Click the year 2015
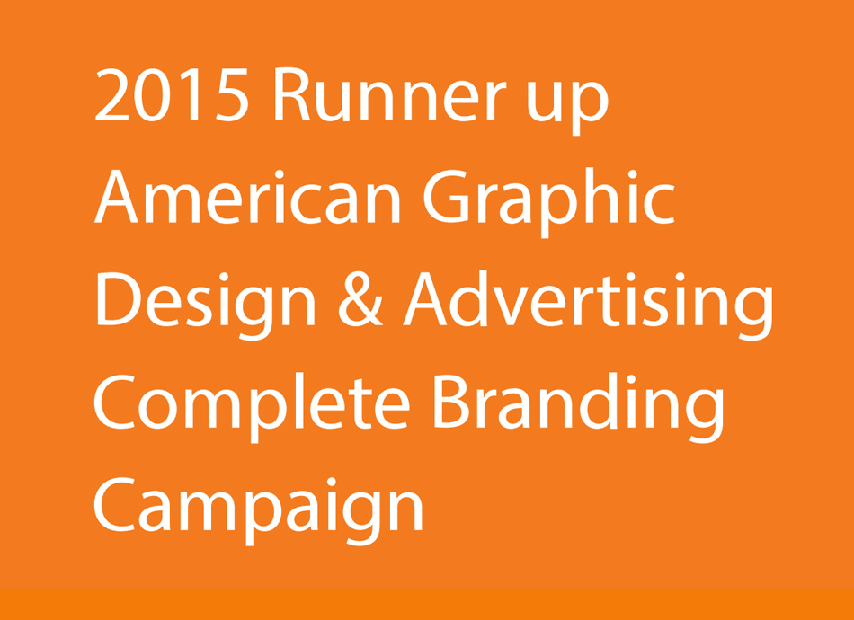[x=172, y=94]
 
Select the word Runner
[x=389, y=94]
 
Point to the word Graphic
[x=549, y=203]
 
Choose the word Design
[x=206, y=306]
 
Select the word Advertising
[x=588, y=306]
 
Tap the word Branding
[x=578, y=408]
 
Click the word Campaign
[x=258, y=510]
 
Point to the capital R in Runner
[x=292, y=94]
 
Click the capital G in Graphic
[x=446, y=197]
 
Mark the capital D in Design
[x=120, y=298]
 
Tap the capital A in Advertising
[x=425, y=298]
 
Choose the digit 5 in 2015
[x=233, y=94]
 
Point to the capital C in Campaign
[x=114, y=504]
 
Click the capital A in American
[x=116, y=197]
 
